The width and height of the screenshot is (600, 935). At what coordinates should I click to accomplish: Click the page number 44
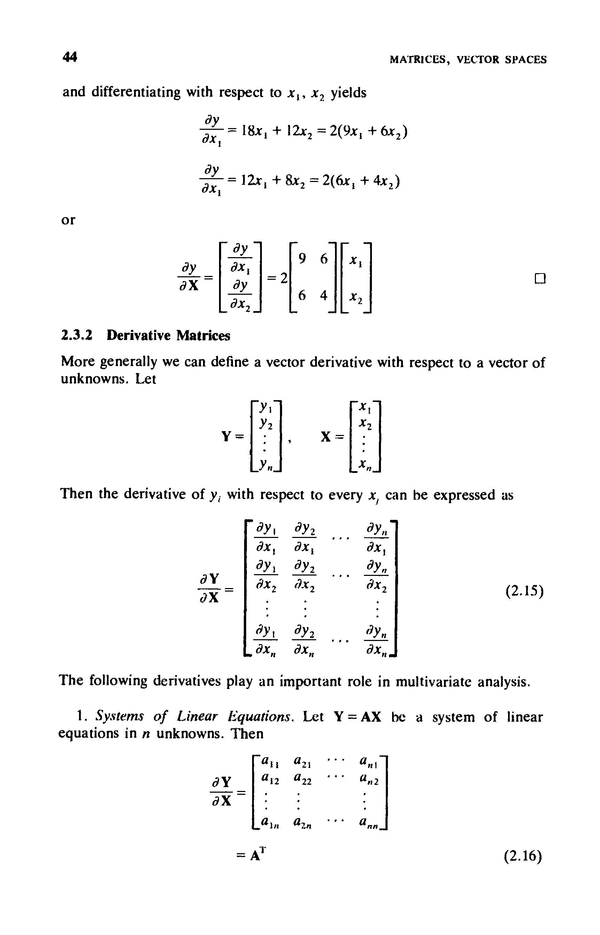coord(70,57)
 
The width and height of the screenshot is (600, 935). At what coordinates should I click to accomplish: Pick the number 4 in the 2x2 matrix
coord(324,296)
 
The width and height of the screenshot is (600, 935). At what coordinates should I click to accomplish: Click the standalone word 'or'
coord(68,220)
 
